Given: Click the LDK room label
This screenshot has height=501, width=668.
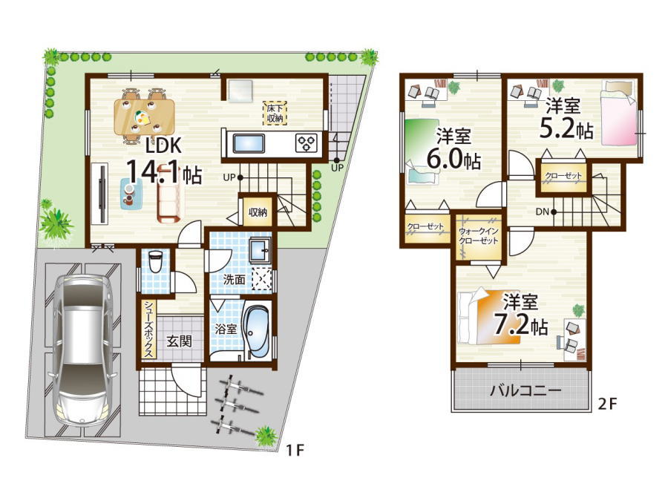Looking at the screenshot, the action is (163, 145).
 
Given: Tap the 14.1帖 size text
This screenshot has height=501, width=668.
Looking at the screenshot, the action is (163, 172).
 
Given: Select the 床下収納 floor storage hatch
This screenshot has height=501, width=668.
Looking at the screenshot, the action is (275, 113).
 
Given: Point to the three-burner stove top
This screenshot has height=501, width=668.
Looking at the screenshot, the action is (307, 143).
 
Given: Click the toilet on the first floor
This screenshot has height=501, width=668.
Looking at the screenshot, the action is (156, 261).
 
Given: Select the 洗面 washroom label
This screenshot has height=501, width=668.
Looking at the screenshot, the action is (235, 280).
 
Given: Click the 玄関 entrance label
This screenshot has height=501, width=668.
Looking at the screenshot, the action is (179, 341).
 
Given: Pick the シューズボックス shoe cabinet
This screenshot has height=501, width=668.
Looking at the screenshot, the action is (148, 330).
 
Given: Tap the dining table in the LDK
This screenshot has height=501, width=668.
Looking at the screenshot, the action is (145, 116).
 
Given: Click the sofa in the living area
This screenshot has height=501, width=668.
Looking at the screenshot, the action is (171, 194).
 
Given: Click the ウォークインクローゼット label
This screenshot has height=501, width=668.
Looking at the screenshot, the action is (479, 236).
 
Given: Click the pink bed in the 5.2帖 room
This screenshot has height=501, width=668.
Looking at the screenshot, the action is (619, 113).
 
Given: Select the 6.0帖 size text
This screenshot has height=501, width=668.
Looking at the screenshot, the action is (454, 159).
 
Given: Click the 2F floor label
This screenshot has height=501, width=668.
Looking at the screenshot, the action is (607, 404).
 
